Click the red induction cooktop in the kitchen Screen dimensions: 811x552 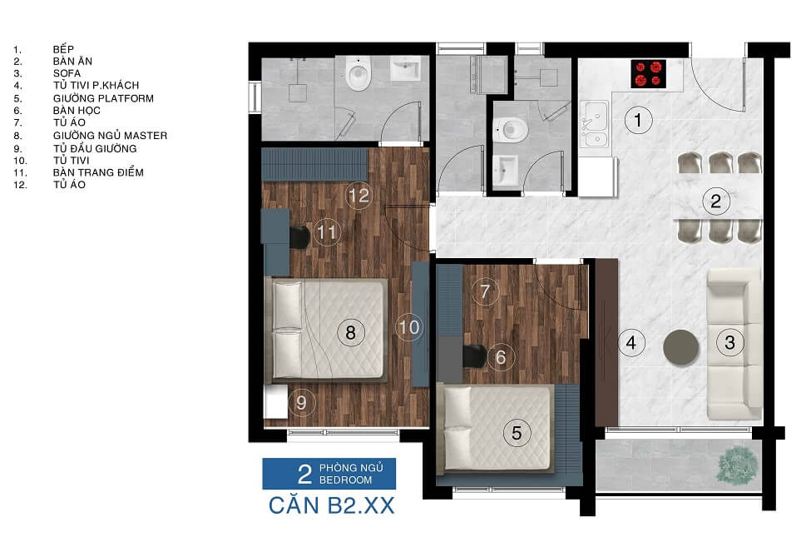pos(649,74)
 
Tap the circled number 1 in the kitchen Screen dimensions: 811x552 pos(638,120)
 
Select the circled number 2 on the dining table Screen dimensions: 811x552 pos(716,201)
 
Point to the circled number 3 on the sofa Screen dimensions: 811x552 pos(729,342)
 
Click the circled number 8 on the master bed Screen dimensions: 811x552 pos(351,332)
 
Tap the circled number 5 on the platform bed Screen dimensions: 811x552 pos(517,433)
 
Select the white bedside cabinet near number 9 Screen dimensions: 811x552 pos(275,401)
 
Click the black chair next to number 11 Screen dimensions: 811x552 pos(299,237)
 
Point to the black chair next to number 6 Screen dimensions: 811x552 pos(474,356)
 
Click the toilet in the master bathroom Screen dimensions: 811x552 pos(358,74)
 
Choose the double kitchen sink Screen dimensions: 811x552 pos(595,124)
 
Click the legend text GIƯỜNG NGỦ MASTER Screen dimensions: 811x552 pos(110,136)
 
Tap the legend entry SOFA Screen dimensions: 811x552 pos(67,73)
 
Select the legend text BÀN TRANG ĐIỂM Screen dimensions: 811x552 pos(98,172)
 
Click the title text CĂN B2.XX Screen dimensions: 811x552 pos(332,505)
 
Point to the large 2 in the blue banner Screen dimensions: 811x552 pos(305,474)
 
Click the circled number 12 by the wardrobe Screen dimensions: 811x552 pos(359,195)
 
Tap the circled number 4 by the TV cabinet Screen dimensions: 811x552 pos(631,343)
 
